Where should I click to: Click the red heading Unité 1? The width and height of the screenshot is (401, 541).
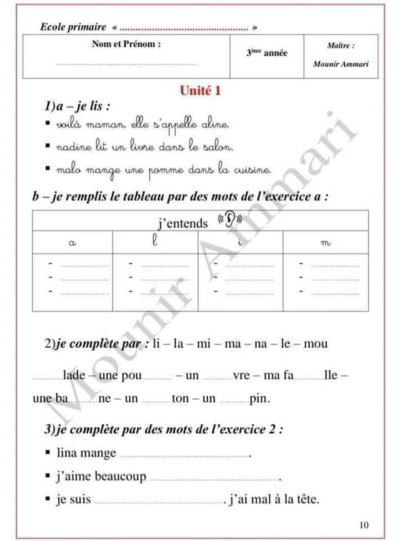tap(199, 91)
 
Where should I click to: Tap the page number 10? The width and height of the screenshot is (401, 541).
tap(364, 525)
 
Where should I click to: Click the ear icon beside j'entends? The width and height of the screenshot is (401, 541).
tap(230, 219)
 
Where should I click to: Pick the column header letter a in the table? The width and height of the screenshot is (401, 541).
tap(72, 242)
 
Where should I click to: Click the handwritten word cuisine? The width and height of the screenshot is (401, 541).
tap(251, 168)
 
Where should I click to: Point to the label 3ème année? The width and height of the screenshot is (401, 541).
tap(266, 53)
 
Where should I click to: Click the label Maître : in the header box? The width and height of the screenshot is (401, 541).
tap(341, 45)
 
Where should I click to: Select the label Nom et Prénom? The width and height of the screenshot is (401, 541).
tap(126, 44)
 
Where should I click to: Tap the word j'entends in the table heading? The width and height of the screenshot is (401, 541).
tap(183, 224)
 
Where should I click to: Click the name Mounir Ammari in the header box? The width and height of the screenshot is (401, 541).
tap(341, 64)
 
